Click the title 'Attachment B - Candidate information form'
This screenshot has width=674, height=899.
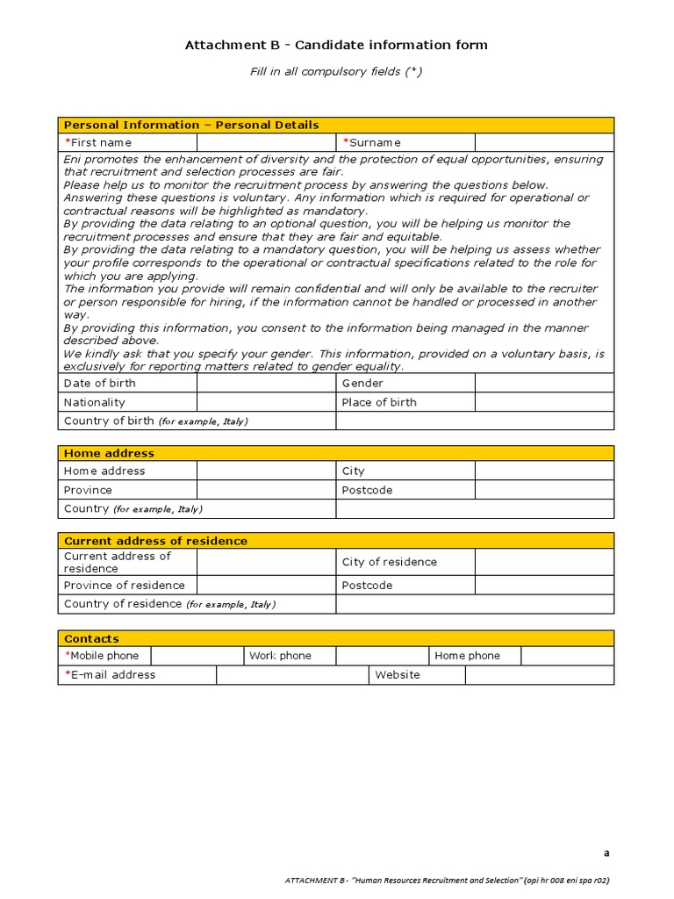coord(336,45)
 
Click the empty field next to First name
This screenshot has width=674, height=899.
coord(266,142)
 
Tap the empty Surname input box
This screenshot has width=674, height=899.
coord(544,142)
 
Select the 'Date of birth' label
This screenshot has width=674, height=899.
coord(100,383)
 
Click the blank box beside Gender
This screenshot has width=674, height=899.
coord(544,383)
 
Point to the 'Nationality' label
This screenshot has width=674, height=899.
coord(95,402)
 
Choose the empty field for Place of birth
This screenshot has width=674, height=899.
coord(544,402)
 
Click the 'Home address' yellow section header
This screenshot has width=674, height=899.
coord(109,453)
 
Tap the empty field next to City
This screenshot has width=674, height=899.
coord(544,471)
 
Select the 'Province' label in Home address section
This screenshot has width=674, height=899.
coord(88,490)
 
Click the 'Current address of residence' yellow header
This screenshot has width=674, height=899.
coord(155,541)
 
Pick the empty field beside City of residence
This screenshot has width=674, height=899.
coord(544,562)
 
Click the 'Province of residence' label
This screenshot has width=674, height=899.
coord(125,586)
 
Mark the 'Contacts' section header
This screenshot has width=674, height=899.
coord(91,638)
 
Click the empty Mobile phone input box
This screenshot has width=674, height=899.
coord(197,656)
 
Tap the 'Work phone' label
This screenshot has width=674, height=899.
coord(280,656)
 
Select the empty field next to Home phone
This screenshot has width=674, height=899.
coord(567,656)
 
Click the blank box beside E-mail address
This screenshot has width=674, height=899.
coord(291,675)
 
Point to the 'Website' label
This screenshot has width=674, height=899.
coord(398,675)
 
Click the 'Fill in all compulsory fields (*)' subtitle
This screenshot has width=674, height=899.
coord(336,72)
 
